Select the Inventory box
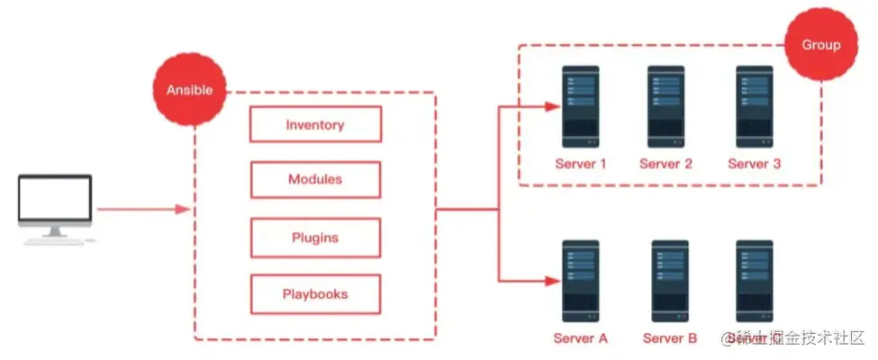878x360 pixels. coord(315,125)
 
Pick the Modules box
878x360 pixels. coord(315,180)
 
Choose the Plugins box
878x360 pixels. coord(315,238)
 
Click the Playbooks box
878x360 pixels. coord(315,294)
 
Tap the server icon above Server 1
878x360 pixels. coord(580,106)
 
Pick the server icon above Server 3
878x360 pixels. coord(754,106)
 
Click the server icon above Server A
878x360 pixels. coord(580,281)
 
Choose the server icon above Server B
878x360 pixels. coord(669,281)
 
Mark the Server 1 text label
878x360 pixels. coord(580,164)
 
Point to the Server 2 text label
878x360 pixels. coord(665,164)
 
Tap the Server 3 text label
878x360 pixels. coord(754,164)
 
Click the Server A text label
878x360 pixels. coord(580,339)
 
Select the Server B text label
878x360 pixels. coord(669,339)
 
